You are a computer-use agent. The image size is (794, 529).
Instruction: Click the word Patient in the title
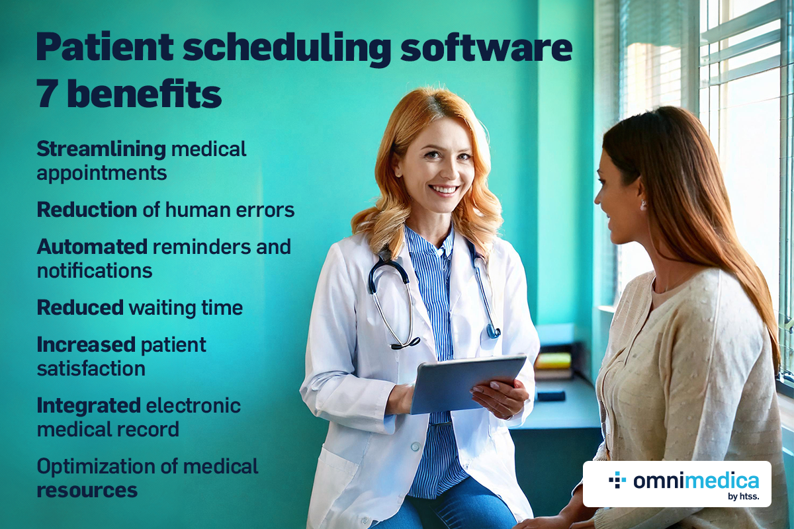(x=105, y=47)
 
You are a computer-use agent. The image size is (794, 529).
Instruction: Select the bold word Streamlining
(x=101, y=149)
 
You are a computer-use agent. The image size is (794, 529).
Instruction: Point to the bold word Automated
(x=92, y=247)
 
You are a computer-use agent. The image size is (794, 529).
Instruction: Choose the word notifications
(x=95, y=270)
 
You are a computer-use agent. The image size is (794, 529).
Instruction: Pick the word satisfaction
(x=91, y=368)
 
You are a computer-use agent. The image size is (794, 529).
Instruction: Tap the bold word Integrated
(x=89, y=406)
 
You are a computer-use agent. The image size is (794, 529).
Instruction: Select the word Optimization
(x=96, y=467)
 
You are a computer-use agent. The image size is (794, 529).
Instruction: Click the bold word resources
(x=87, y=491)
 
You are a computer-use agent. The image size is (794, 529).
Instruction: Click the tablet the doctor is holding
(x=468, y=384)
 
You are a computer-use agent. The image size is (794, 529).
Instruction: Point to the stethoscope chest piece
(x=494, y=333)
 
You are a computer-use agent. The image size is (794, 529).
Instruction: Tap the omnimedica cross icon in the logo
(x=617, y=480)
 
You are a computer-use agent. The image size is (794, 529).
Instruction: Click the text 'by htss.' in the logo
(x=743, y=497)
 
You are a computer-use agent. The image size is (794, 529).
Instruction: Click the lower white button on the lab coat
(x=415, y=447)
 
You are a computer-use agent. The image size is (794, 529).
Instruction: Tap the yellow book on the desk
(x=553, y=360)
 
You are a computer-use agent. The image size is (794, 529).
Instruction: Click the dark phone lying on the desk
(x=551, y=395)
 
